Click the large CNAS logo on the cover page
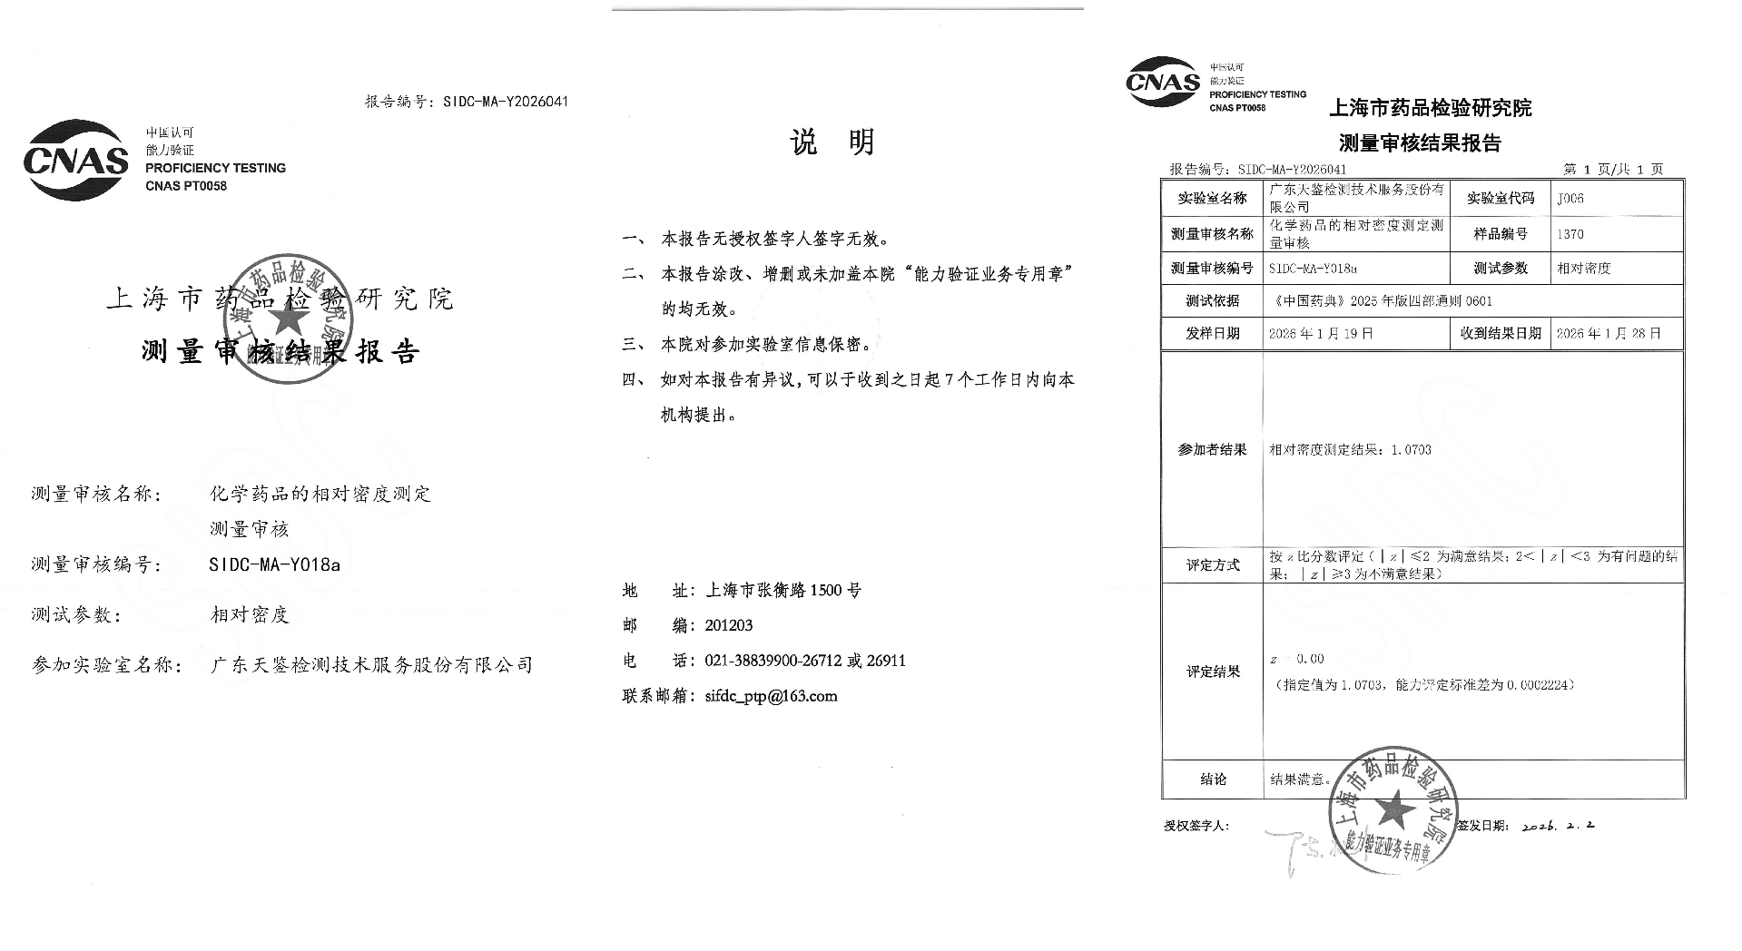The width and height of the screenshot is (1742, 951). pos(76,161)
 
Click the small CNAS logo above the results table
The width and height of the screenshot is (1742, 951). pos(1163,83)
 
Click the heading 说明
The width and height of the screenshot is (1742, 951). pos(832,142)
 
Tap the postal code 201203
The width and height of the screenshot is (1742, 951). pos(728,625)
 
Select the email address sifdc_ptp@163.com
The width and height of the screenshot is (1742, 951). pos(771,696)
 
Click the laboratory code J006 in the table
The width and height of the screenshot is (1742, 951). pos(1570,198)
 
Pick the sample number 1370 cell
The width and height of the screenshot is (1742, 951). pos(1570,234)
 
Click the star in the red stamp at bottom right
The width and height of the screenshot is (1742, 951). pos(1394,809)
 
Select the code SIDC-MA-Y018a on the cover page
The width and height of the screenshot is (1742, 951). pos(274,564)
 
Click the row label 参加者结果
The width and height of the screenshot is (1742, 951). pos(1212,450)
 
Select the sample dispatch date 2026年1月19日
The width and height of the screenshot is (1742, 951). pos(1321,333)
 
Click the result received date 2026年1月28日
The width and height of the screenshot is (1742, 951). pos(1608,333)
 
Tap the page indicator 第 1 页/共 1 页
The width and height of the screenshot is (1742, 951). pos(1612,170)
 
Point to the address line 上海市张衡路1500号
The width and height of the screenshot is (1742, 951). pos(783,591)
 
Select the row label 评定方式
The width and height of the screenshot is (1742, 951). pos(1212,565)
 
